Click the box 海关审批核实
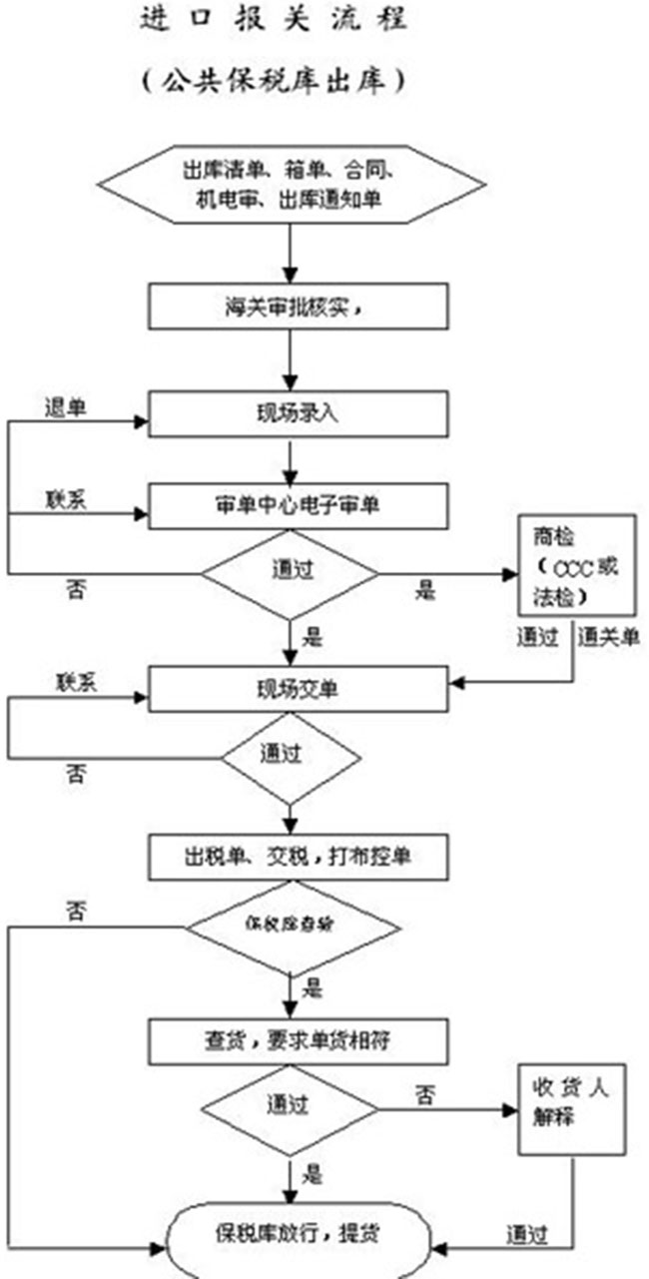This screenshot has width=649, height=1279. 297,308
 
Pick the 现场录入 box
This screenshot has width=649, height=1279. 297,413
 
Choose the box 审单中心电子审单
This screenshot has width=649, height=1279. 297,505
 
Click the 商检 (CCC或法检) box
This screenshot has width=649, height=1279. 576,565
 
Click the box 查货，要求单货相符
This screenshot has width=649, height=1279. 297,1041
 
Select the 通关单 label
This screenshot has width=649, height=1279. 603,637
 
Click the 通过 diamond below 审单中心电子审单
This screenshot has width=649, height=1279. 290,573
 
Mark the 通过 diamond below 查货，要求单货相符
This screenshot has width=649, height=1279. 290,1106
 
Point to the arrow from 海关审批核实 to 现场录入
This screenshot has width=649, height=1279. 290,358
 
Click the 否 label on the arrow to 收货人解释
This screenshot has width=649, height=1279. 425,1095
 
